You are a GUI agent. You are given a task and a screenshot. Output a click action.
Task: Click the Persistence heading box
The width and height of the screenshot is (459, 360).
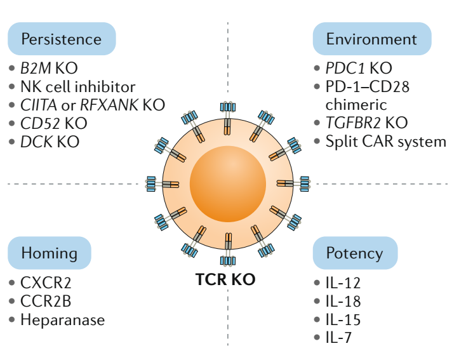[x=62, y=39]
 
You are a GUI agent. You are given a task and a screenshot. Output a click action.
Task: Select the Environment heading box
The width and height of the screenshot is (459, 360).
[x=371, y=39]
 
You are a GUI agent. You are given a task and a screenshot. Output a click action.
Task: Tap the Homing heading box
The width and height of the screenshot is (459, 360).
[x=50, y=253]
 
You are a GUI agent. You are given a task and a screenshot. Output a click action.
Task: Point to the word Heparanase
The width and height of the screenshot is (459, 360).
[x=62, y=319]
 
